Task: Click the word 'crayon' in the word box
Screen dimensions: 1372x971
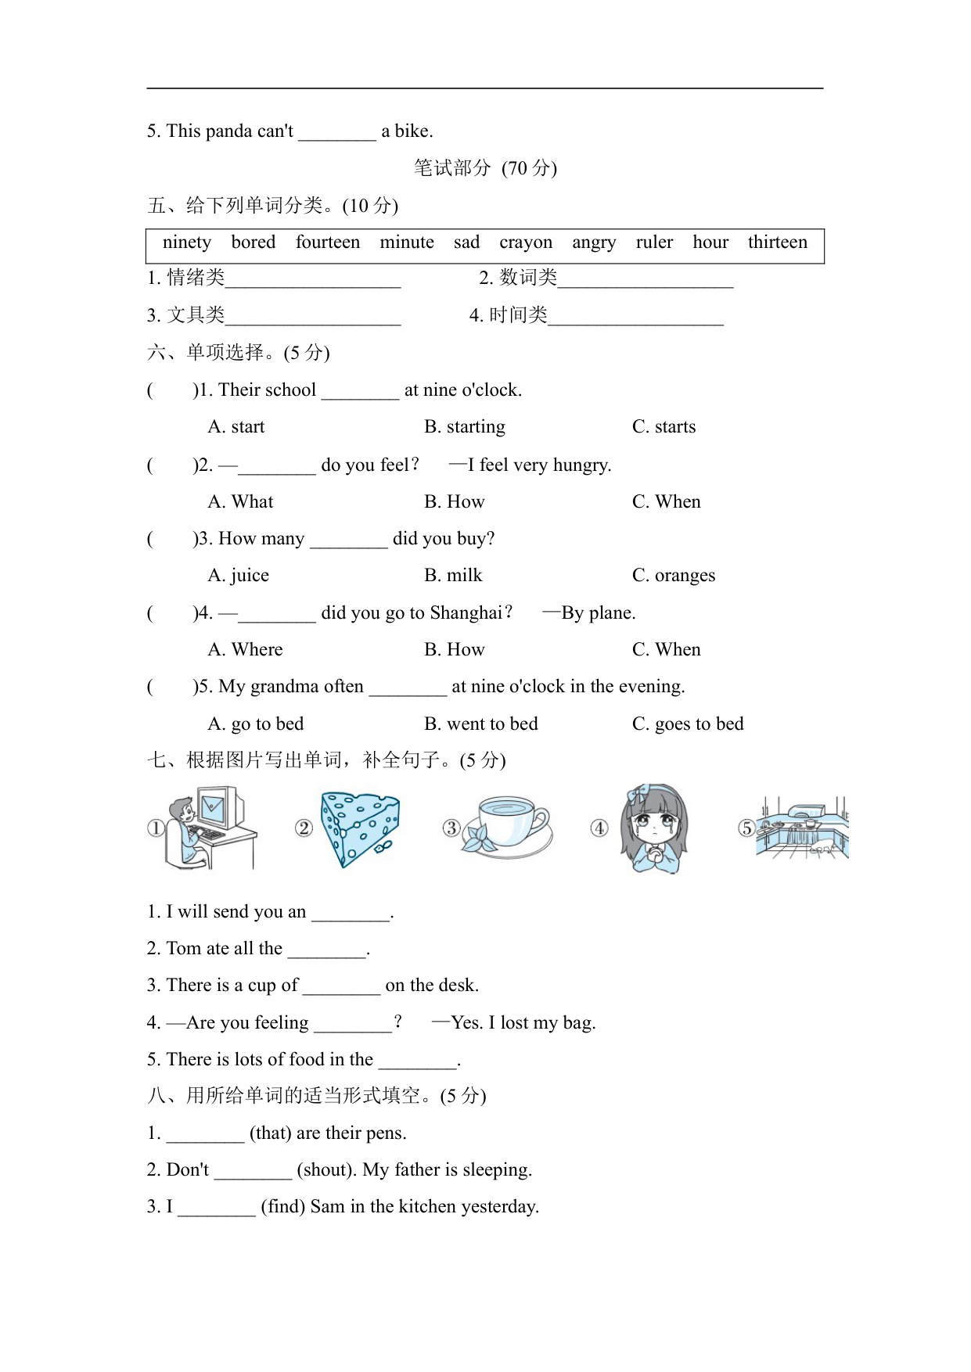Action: click(x=526, y=242)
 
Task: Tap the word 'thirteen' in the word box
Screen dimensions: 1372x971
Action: click(x=777, y=242)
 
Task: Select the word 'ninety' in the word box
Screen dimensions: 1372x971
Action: click(x=187, y=242)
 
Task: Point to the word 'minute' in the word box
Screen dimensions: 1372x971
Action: click(x=407, y=242)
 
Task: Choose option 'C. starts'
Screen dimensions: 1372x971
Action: click(x=664, y=427)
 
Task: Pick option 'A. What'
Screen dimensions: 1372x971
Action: click(x=241, y=502)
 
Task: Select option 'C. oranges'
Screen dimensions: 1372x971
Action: click(x=673, y=576)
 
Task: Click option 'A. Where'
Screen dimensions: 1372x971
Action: click(x=246, y=650)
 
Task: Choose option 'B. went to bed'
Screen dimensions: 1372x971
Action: click(x=480, y=724)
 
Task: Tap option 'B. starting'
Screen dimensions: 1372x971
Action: click(x=465, y=427)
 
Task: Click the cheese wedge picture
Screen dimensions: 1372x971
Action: click(x=360, y=828)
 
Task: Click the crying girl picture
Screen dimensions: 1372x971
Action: click(x=654, y=829)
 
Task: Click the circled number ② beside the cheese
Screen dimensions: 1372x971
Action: click(x=304, y=828)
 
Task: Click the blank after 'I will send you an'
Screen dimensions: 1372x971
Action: click(x=351, y=914)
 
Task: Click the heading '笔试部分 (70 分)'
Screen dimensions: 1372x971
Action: click(x=485, y=168)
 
